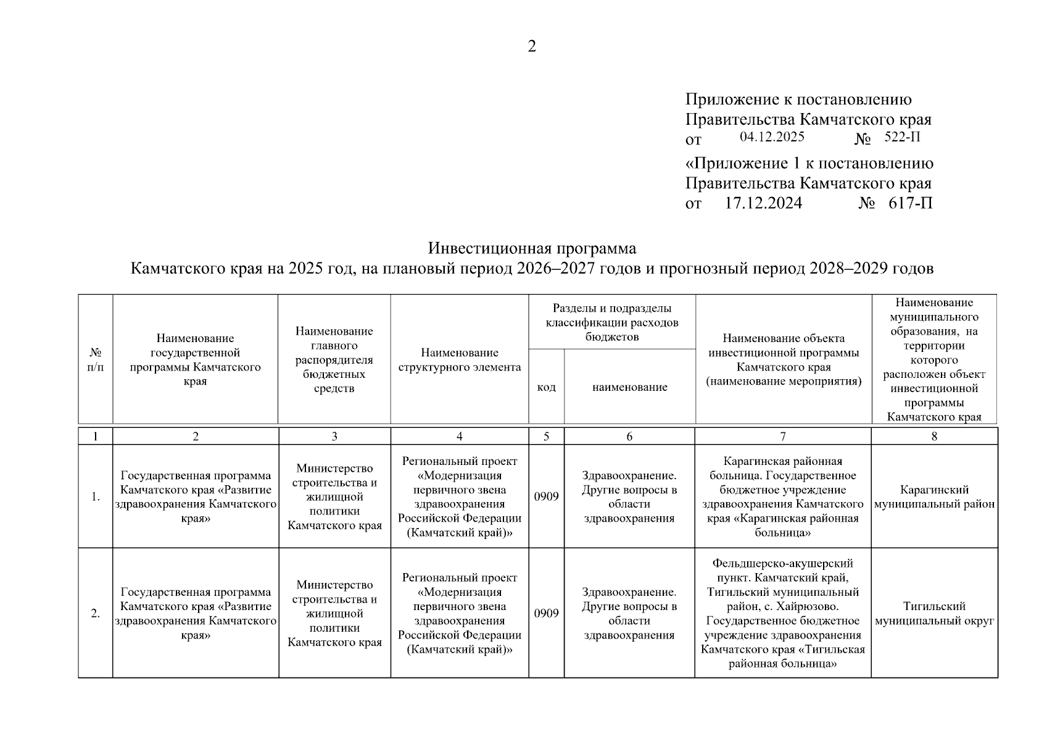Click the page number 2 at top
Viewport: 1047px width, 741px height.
pyautogui.click(x=532, y=46)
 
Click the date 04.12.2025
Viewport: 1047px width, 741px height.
pyautogui.click(x=772, y=137)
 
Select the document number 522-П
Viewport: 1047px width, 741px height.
pyautogui.click(x=902, y=137)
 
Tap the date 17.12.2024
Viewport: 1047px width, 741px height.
pyautogui.click(x=763, y=203)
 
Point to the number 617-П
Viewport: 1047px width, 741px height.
pyautogui.click(x=910, y=203)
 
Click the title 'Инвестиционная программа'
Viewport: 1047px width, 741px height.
pyautogui.click(x=532, y=248)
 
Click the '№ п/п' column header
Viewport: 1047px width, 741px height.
pyautogui.click(x=95, y=359)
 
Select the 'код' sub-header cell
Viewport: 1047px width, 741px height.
pyautogui.click(x=546, y=387)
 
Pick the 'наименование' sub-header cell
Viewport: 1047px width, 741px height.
pyautogui.click(x=629, y=387)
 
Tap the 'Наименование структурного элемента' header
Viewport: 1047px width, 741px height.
pyautogui.click(x=459, y=359)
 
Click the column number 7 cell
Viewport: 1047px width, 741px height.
pyautogui.click(x=782, y=436)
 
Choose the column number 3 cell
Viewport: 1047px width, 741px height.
pyautogui.click(x=334, y=436)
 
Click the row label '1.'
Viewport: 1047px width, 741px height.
pyautogui.click(x=95, y=496)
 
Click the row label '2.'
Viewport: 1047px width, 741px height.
pyautogui.click(x=95, y=613)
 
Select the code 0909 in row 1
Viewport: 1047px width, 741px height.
pyautogui.click(x=546, y=496)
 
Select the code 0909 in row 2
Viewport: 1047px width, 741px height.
pyautogui.click(x=546, y=613)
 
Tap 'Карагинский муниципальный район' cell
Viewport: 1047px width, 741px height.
pyautogui.click(x=934, y=497)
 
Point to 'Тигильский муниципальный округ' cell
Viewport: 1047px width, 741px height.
pyautogui.click(x=934, y=613)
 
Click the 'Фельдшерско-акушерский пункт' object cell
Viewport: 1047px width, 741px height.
pyautogui.click(x=782, y=613)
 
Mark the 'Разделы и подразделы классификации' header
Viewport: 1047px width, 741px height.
pyautogui.click(x=611, y=322)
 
